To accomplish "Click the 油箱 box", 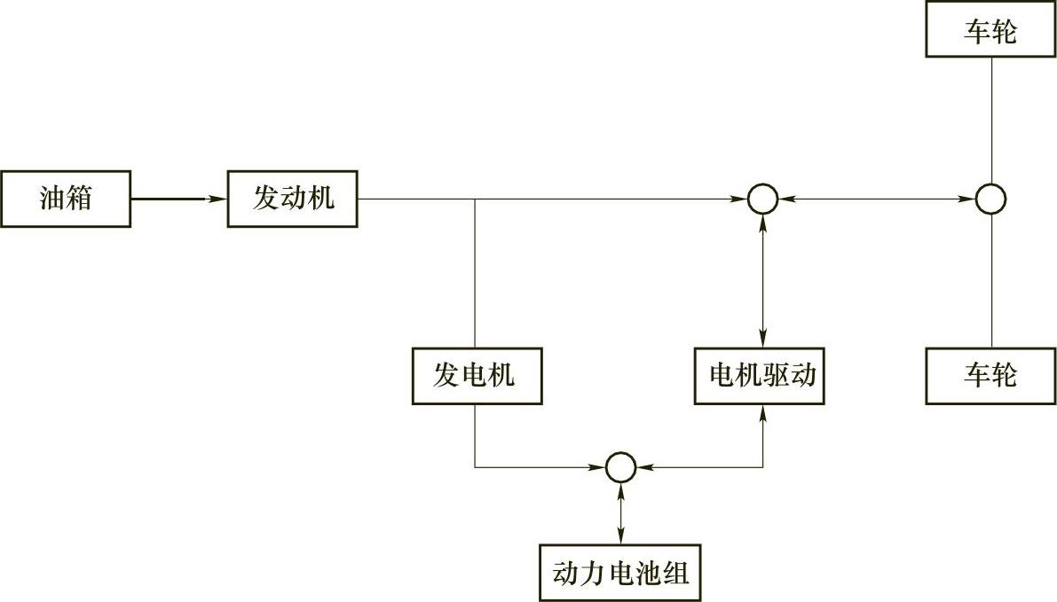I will (67, 199).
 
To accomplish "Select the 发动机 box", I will (293, 199).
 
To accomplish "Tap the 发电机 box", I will (477, 377).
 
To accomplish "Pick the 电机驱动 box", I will (762, 377).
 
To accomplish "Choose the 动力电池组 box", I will (620, 572).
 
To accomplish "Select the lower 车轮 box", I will (990, 377).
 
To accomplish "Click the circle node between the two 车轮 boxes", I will (990, 199).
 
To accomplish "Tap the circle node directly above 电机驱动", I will (762, 199).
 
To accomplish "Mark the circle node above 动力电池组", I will (620, 466).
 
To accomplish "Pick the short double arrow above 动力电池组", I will (620, 513).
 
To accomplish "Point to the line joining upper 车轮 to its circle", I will (990, 121).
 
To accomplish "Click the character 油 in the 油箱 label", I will (51, 199).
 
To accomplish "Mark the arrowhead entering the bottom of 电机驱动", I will (762, 411).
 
